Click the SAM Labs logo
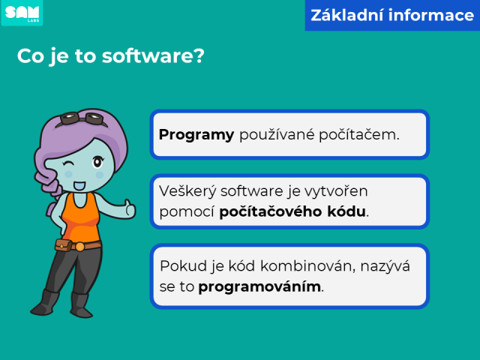click(x=22, y=13)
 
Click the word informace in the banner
click(x=431, y=15)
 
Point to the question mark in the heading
click(x=198, y=55)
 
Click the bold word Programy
click(x=196, y=135)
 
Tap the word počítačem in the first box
click(x=359, y=134)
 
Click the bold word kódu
click(x=346, y=211)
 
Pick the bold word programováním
click(x=259, y=287)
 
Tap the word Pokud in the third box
click(x=183, y=265)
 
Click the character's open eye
click(x=97, y=162)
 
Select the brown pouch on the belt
click(x=63, y=245)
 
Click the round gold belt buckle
click(x=79, y=247)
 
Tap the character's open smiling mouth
click(x=79, y=185)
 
